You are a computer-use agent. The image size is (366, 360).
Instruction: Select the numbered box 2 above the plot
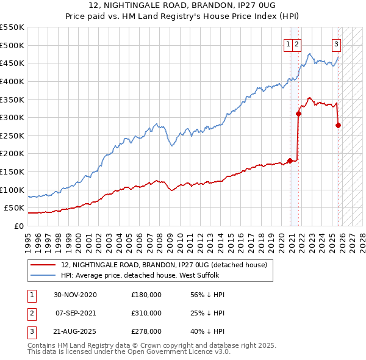coord(296,43)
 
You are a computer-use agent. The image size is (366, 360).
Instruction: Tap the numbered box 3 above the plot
coord(336,43)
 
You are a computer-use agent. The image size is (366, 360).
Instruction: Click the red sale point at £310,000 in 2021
coord(298,113)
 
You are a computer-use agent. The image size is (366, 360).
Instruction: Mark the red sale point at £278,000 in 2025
coord(339,125)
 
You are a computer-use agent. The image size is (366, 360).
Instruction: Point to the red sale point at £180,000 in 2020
coord(290,160)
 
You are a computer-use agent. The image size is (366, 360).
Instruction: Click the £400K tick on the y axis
coord(13,81)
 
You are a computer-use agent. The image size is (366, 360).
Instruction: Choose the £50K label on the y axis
coord(15,208)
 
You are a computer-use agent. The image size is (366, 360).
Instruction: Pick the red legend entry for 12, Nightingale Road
coord(163,265)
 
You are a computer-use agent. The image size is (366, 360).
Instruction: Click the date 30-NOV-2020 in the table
coord(75,295)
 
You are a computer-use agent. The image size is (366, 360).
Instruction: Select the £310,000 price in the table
coord(146,312)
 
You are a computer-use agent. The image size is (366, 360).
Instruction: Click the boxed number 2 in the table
coord(30,313)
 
